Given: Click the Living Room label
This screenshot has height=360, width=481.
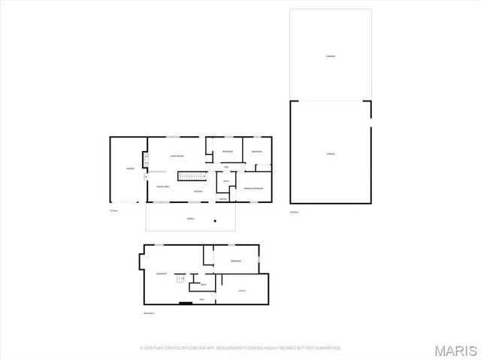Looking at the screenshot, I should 177,156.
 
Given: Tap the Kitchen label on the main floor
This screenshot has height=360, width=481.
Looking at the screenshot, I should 198,192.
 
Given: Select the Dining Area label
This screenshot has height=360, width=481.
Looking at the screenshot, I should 162,186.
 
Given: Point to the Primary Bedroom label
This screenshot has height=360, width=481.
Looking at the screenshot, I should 253,188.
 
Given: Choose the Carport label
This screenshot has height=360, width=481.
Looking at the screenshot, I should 330,56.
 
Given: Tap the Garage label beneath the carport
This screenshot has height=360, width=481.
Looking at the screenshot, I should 330,153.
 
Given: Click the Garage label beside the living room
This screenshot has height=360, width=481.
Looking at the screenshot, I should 130,168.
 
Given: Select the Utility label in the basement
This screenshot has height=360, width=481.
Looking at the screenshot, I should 242,289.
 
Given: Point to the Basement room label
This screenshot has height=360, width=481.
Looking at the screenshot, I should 162,274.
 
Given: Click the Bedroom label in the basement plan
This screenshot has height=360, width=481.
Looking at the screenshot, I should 236,261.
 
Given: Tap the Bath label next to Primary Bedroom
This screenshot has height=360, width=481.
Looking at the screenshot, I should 226,181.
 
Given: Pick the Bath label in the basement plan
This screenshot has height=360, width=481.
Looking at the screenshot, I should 201,285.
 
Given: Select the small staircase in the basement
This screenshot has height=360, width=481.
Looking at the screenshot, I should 180,280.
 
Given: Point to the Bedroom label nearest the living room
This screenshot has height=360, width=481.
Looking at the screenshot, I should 227,153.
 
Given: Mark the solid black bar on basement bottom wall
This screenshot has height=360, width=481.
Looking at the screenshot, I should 185,303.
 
